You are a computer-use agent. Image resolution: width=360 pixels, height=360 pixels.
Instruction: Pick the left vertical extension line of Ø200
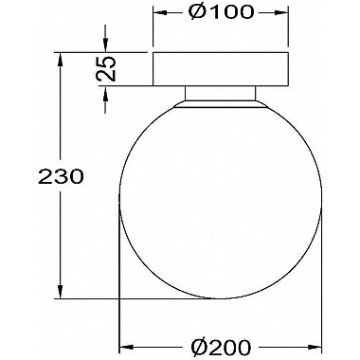tap(117, 284)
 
